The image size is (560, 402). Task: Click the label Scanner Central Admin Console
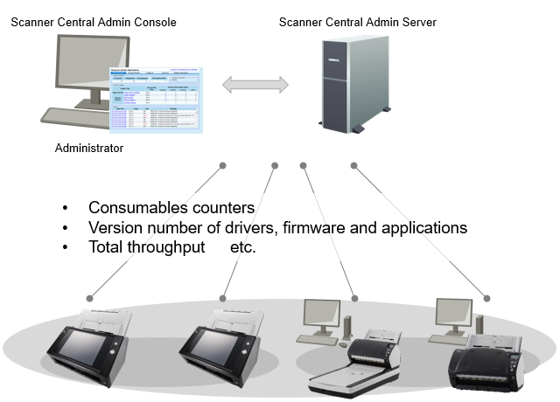tap(94, 21)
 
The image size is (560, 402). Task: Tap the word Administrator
tap(89, 148)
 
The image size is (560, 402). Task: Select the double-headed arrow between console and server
tap(255, 85)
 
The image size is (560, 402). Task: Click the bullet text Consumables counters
tap(171, 208)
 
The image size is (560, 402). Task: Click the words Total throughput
tap(143, 247)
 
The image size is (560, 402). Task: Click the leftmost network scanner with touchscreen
tap(88, 344)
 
